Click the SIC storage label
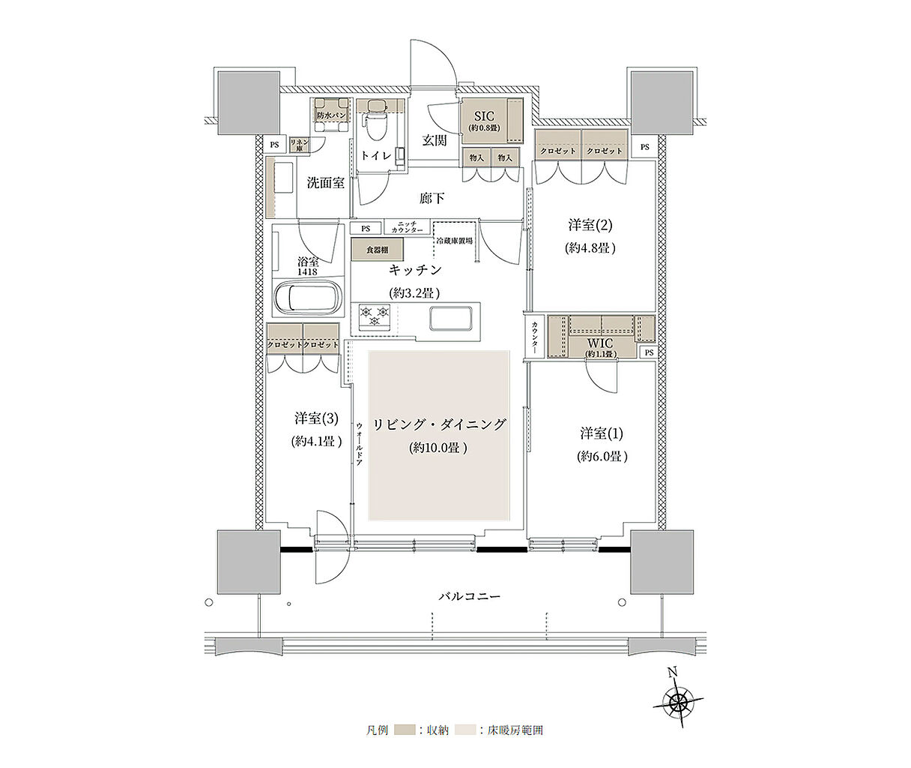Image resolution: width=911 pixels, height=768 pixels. [485, 116]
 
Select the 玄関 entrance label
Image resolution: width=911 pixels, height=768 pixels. [434, 140]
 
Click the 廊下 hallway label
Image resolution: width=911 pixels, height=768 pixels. [432, 198]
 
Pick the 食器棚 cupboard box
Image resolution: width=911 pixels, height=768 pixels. [377, 250]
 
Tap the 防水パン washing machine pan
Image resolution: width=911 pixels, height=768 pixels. [330, 116]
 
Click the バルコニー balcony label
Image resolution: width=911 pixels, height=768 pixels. [469, 597]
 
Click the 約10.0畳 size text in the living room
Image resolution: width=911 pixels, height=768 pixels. [440, 448]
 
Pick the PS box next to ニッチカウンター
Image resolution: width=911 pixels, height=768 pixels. [365, 228]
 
